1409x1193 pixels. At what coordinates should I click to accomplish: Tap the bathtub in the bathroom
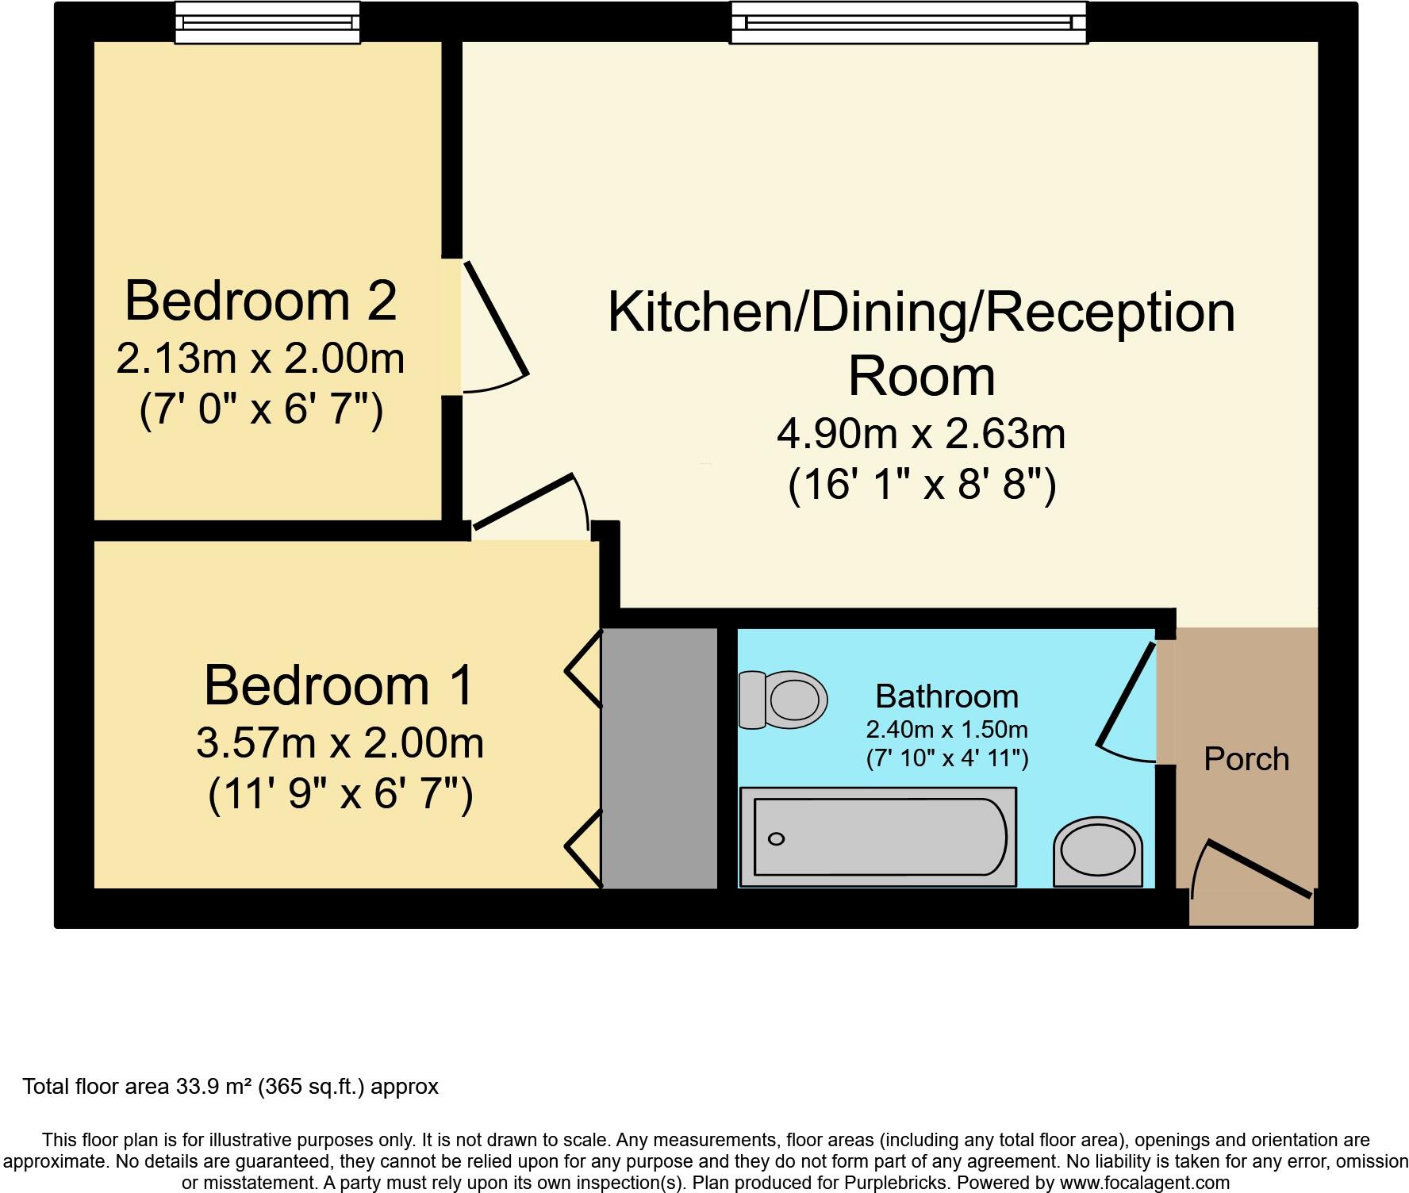877,837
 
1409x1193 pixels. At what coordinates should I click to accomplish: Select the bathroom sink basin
1098,852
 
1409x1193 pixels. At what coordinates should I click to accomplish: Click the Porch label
1246,759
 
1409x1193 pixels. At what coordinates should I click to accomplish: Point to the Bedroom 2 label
260,301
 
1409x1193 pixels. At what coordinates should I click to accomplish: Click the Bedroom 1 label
339,685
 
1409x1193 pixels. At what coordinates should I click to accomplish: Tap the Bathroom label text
946,696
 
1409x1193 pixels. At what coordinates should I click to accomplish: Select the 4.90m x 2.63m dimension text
921,434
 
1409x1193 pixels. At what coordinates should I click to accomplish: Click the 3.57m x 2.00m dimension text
340,743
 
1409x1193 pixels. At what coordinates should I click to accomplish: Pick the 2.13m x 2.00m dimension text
260,359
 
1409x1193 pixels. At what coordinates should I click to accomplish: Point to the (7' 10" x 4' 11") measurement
946,758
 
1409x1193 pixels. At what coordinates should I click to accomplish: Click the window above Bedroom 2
267,22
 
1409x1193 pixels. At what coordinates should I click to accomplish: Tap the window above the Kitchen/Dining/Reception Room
908,22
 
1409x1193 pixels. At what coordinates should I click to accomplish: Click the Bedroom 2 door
496,319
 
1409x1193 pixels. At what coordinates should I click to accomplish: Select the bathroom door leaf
1126,696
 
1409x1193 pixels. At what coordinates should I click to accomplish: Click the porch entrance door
1258,870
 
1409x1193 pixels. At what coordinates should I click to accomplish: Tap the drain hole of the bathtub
777,839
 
